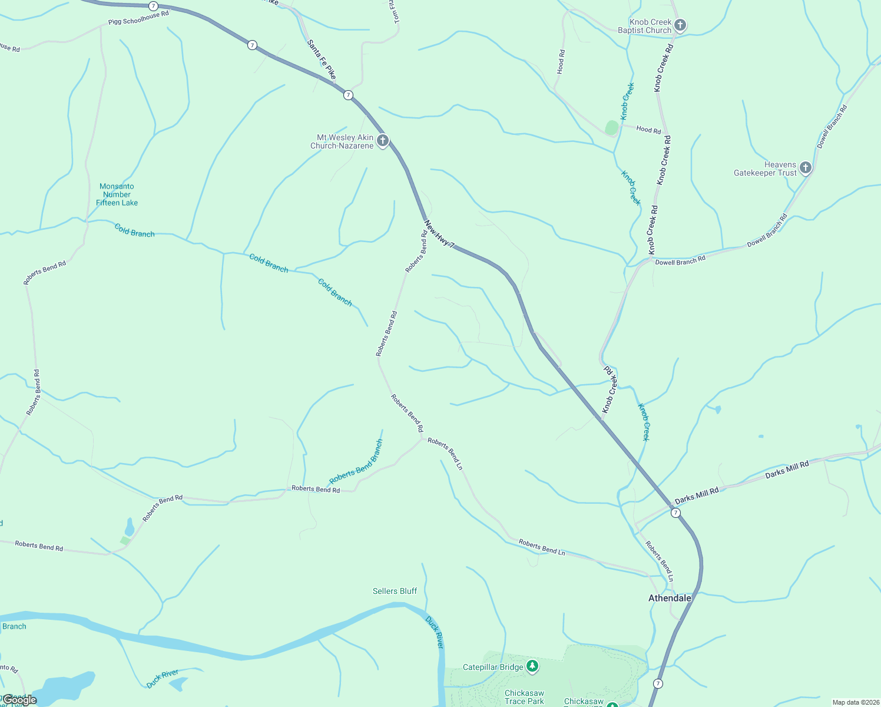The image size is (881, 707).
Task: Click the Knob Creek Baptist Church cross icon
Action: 680,25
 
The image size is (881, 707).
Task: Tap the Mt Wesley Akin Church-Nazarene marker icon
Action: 383,140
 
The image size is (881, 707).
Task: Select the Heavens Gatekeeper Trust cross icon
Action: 806,168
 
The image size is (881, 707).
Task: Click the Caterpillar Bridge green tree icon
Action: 532,666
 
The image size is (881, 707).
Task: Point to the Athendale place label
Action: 670,598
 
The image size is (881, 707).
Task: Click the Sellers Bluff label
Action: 395,591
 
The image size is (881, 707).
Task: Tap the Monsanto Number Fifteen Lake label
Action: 117,194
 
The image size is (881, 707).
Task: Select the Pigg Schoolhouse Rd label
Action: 138,18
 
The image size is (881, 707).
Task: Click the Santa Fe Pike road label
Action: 322,60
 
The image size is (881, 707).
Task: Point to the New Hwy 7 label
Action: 439,234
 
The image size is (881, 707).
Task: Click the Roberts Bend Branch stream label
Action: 356,462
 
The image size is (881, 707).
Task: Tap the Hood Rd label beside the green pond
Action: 648,130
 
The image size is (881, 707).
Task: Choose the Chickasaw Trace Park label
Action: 524,697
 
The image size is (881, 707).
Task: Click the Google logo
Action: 20,700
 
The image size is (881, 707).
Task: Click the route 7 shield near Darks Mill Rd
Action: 675,513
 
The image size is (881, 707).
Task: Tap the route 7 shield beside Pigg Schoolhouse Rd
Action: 154,6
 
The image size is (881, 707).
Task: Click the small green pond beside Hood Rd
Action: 612,127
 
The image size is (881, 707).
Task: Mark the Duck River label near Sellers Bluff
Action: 434,632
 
